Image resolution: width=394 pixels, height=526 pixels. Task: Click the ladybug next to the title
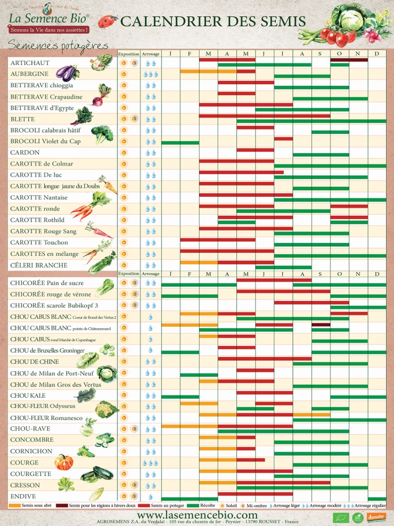coord(106,21)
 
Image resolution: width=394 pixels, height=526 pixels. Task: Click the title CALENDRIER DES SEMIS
coord(213,22)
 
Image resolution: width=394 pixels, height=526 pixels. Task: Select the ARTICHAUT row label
coord(30,63)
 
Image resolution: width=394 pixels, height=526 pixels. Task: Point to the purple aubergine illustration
coord(67,72)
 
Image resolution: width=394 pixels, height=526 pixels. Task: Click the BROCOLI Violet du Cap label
coord(45,141)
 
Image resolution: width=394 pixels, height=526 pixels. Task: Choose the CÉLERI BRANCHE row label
coord(38,266)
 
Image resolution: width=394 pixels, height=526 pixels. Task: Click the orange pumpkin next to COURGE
coord(64,462)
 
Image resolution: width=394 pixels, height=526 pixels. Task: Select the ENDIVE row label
coord(23,496)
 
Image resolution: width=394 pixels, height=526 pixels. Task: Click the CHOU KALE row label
coord(28,396)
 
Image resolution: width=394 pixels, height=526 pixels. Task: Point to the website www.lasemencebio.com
coord(197,515)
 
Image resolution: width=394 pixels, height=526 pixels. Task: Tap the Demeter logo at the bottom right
coord(376,517)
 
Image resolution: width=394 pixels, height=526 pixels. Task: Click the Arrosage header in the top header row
coord(150,53)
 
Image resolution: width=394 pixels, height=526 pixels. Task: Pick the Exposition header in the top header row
coord(128,53)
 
